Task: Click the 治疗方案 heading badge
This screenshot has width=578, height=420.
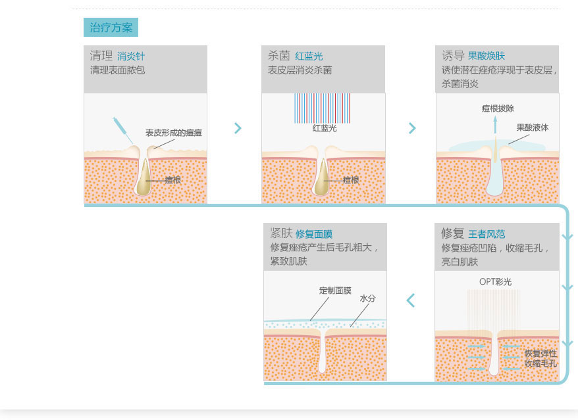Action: (111, 28)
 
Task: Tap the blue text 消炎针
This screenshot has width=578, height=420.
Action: (130, 57)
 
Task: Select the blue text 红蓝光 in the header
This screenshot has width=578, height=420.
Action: (309, 57)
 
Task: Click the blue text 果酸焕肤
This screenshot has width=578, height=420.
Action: (486, 56)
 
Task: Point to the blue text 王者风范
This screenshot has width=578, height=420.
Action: (486, 234)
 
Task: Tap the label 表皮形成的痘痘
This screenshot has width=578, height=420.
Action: (174, 133)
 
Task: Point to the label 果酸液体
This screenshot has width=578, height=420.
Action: (532, 128)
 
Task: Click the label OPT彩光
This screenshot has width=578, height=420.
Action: (495, 282)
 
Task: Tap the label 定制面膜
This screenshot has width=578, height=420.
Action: (335, 291)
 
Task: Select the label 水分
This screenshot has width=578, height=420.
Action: (367, 298)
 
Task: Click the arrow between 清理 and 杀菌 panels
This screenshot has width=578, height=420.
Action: (238, 128)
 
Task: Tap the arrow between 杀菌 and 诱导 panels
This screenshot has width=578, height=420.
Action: (413, 128)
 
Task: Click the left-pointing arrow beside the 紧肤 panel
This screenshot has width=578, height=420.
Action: (411, 300)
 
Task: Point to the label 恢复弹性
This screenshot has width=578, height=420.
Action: (540, 354)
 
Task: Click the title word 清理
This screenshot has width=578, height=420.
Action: (101, 56)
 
